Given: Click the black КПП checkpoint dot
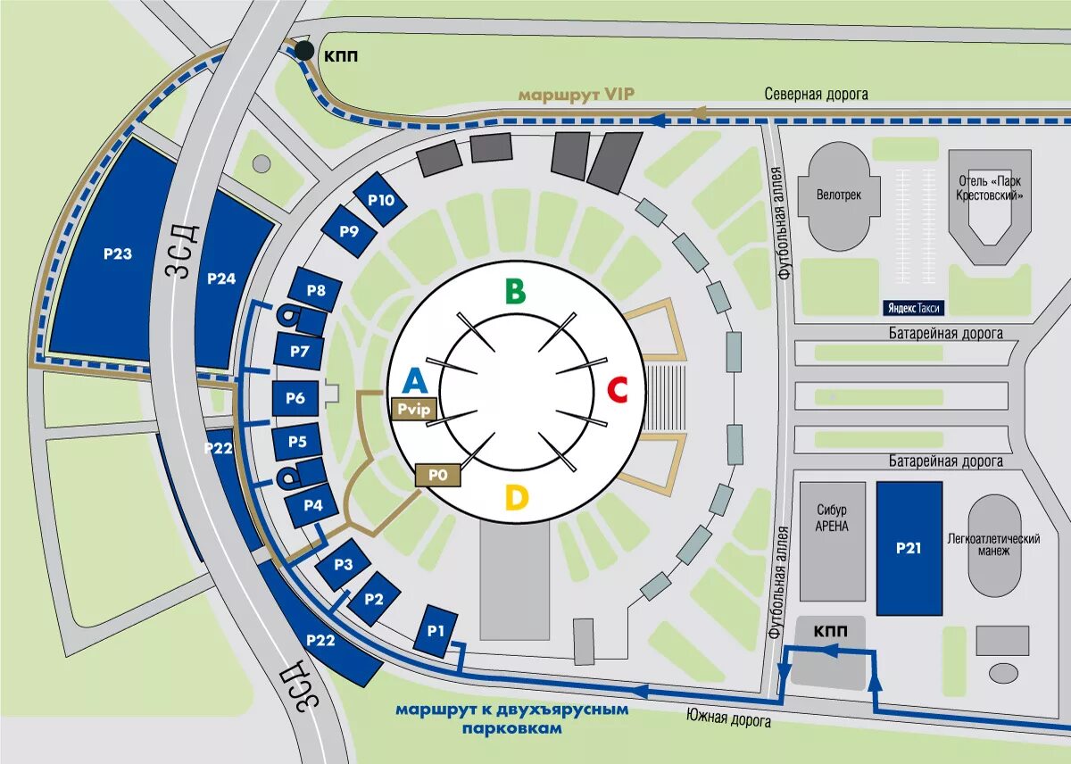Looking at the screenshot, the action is click(x=304, y=51).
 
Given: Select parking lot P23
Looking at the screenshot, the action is click(x=117, y=254).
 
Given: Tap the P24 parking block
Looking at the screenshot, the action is click(x=221, y=278).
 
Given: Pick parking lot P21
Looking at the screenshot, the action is click(x=909, y=548).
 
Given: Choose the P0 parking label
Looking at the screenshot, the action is click(x=437, y=475).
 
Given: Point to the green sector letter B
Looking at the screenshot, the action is click(x=515, y=291).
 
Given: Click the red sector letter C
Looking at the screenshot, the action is click(x=618, y=390).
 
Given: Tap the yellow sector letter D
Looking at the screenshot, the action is click(x=516, y=497).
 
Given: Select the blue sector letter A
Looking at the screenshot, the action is click(x=414, y=382).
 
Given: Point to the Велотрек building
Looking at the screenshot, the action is click(x=838, y=194).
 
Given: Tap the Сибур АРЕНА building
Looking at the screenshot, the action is click(x=832, y=541).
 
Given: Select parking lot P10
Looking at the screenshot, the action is click(x=381, y=200).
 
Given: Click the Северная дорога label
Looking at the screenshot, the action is click(x=816, y=94).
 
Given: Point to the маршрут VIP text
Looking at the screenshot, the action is click(x=577, y=94).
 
